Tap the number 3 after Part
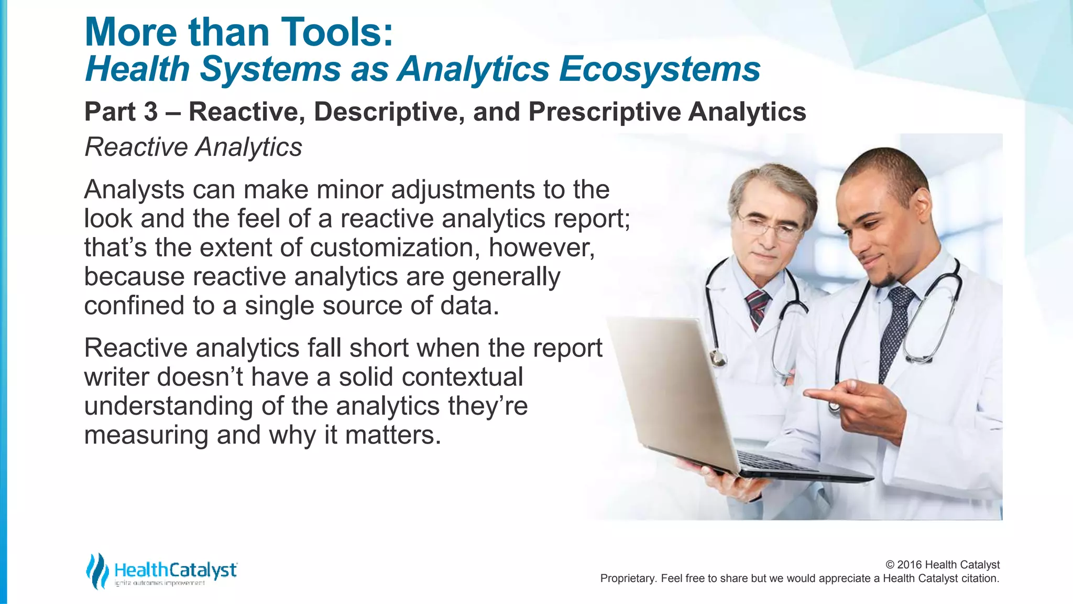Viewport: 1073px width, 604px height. pyautogui.click(x=150, y=112)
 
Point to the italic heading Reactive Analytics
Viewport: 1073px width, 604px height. pyautogui.click(x=193, y=147)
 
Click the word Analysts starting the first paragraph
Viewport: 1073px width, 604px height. pyautogui.click(x=134, y=190)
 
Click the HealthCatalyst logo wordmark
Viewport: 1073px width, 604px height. pyautogui.click(x=176, y=570)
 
